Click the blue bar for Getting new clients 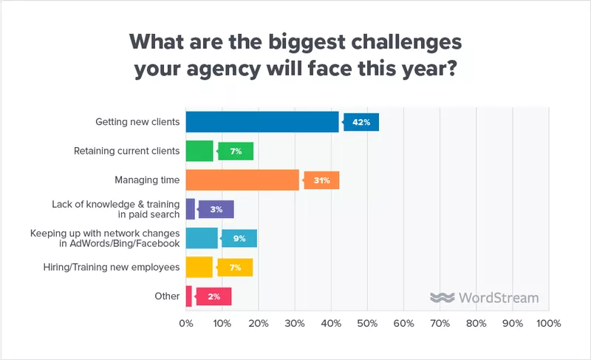tap(262, 122)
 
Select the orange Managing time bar tap(242, 180)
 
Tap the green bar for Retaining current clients tap(199, 151)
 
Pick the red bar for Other tap(189, 296)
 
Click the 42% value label tap(361, 122)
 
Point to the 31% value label tap(321, 180)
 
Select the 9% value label tap(239, 238)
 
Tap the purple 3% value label tap(216, 209)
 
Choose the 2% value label tap(213, 296)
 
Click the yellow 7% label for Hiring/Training tap(235, 267)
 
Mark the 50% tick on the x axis tap(367, 324)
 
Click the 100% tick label tap(547, 324)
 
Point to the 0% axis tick tap(187, 324)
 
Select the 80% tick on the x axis tap(476, 324)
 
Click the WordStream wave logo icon tap(442, 298)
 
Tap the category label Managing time tap(147, 180)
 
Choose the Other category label tap(167, 296)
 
